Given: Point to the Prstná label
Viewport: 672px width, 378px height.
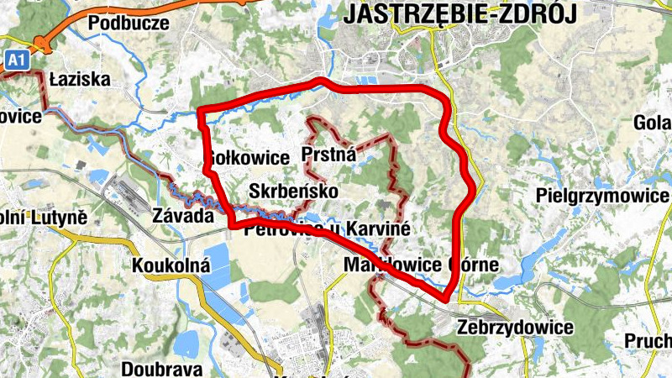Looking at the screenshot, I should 328,155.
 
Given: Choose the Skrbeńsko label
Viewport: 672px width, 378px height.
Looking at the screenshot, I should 294,192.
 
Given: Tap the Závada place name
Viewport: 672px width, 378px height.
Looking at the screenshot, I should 183,215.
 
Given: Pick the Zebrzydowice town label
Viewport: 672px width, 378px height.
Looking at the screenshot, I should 515,327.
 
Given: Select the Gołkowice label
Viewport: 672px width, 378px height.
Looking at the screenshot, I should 236,159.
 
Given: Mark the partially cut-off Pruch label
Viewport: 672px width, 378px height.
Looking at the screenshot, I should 648,341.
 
